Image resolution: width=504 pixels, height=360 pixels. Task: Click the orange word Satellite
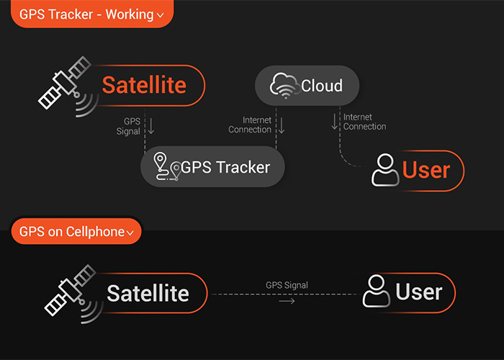click(x=144, y=85)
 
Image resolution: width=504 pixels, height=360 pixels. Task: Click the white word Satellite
click(x=148, y=293)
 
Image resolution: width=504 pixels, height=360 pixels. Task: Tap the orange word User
click(x=426, y=170)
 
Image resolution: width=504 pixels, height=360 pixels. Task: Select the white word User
click(x=419, y=292)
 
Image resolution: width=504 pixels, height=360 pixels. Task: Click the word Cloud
click(x=322, y=86)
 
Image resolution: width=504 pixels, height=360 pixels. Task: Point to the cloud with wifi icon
click(x=284, y=86)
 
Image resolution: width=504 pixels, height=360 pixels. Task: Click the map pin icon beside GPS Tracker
click(x=167, y=166)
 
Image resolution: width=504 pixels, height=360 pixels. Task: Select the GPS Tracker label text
click(x=225, y=167)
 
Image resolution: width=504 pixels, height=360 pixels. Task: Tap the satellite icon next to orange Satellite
click(x=67, y=86)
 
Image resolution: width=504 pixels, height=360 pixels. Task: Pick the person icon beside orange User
click(x=385, y=170)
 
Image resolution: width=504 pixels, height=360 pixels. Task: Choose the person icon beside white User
click(x=377, y=291)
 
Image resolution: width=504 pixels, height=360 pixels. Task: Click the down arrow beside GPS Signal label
click(x=150, y=126)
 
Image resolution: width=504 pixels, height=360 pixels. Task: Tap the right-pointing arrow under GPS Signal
click(x=287, y=301)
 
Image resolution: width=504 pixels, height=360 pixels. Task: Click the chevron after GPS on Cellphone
click(x=130, y=233)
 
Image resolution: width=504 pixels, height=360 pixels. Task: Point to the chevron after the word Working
click(x=160, y=15)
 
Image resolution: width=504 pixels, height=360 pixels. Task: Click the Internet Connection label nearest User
click(x=364, y=122)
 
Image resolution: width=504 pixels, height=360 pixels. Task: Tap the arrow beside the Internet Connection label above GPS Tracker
click(x=282, y=125)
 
